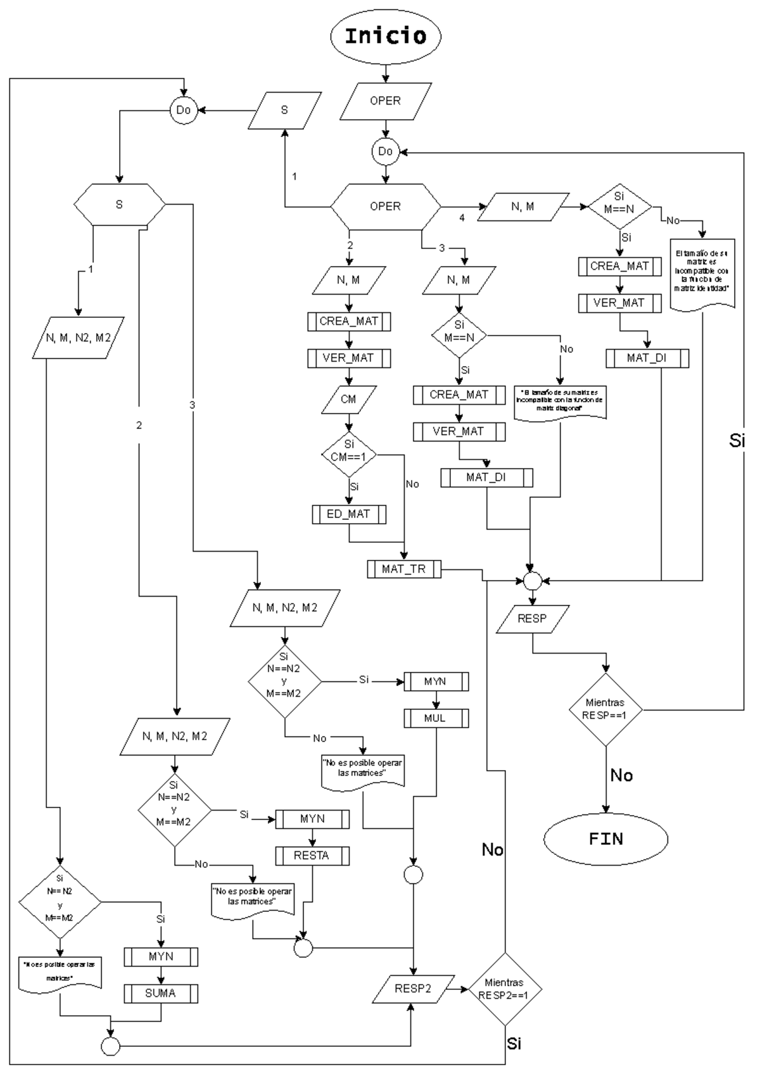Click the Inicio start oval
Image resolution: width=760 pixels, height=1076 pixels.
385,35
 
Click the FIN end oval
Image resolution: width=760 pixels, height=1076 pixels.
605,839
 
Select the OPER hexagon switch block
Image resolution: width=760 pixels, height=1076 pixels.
385,206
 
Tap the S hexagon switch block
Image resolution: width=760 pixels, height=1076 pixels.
119,205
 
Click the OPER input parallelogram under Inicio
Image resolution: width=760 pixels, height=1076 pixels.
385,101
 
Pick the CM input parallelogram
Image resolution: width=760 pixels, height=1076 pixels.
348,399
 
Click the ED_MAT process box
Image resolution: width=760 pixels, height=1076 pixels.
348,514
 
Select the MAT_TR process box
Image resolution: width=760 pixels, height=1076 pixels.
403,569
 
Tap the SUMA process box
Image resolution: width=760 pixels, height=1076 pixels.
160,993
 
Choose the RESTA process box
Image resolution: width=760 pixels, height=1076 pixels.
312,856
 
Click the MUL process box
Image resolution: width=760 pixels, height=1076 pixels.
435,718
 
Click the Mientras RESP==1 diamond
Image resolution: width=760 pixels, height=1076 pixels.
605,709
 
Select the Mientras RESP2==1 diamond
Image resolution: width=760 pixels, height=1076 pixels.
504,989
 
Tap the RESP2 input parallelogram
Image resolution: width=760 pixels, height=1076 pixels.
413,988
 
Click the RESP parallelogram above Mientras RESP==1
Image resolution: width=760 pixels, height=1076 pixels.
532,619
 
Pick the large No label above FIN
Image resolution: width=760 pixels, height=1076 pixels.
621,775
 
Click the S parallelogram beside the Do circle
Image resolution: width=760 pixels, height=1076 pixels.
284,110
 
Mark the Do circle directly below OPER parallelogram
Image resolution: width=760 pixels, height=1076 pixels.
385,151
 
